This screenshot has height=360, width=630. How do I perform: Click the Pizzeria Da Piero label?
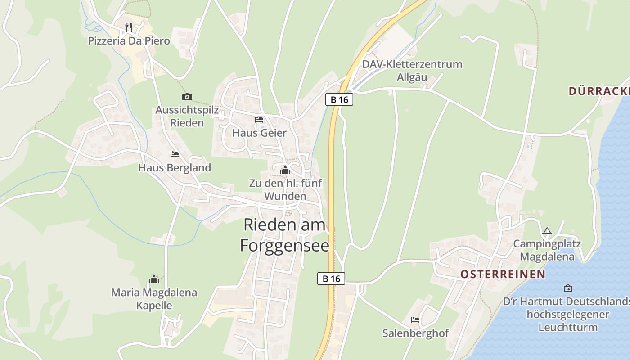[129, 41]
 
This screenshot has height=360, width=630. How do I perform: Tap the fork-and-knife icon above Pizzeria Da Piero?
[129, 27]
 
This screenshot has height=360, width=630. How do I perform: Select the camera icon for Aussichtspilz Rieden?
[187, 97]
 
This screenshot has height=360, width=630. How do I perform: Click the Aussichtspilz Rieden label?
[187, 116]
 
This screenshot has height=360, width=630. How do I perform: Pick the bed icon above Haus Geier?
[259, 120]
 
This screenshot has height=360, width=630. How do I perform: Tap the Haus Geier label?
[259, 133]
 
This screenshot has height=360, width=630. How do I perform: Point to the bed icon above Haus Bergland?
[175, 154]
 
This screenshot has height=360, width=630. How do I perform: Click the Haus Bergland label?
[175, 168]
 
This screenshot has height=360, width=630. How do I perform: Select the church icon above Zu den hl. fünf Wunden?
[285, 171]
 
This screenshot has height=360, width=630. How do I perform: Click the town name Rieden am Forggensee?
[284, 235]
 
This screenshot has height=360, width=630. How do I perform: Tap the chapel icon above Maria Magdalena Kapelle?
[154, 279]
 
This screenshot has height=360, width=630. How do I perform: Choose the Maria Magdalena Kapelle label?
[154, 299]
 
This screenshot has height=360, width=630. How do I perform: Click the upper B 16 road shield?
[339, 99]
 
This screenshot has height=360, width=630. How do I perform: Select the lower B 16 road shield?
[331, 279]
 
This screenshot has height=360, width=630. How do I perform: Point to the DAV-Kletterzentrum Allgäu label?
[412, 70]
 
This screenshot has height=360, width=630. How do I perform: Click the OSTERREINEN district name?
[503, 274]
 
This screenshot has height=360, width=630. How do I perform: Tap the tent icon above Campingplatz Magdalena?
[547, 231]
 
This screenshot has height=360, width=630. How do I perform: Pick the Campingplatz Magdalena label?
[547, 251]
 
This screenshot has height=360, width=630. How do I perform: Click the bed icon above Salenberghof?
[415, 320]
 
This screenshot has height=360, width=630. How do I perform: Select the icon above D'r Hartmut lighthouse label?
[568, 288]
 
